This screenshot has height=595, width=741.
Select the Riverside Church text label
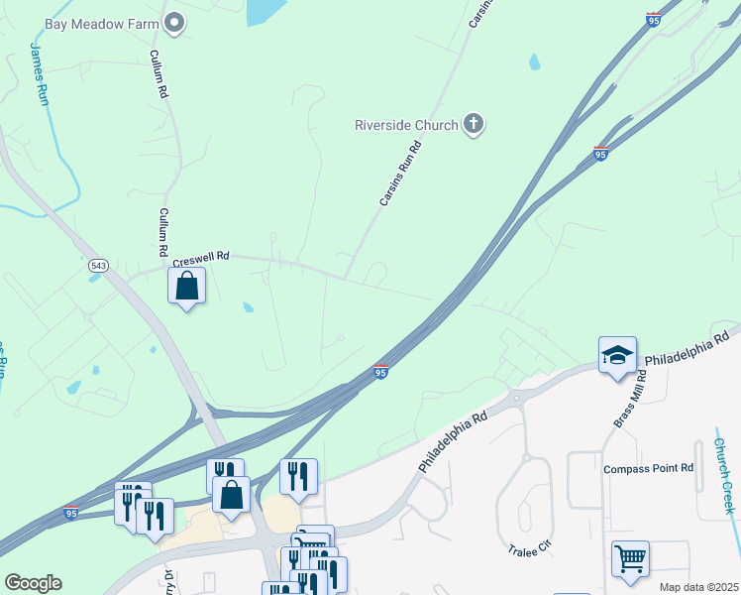(407, 125)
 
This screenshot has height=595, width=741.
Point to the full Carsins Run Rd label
(400, 174)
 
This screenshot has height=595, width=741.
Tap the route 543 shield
(98, 265)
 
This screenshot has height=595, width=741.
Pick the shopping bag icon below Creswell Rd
(186, 288)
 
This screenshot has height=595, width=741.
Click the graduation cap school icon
(616, 354)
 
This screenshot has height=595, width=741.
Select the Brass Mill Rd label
(627, 399)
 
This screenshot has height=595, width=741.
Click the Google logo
(33, 582)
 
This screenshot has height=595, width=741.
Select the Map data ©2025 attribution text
(698, 587)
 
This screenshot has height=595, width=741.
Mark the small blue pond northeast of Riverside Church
(535, 61)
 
